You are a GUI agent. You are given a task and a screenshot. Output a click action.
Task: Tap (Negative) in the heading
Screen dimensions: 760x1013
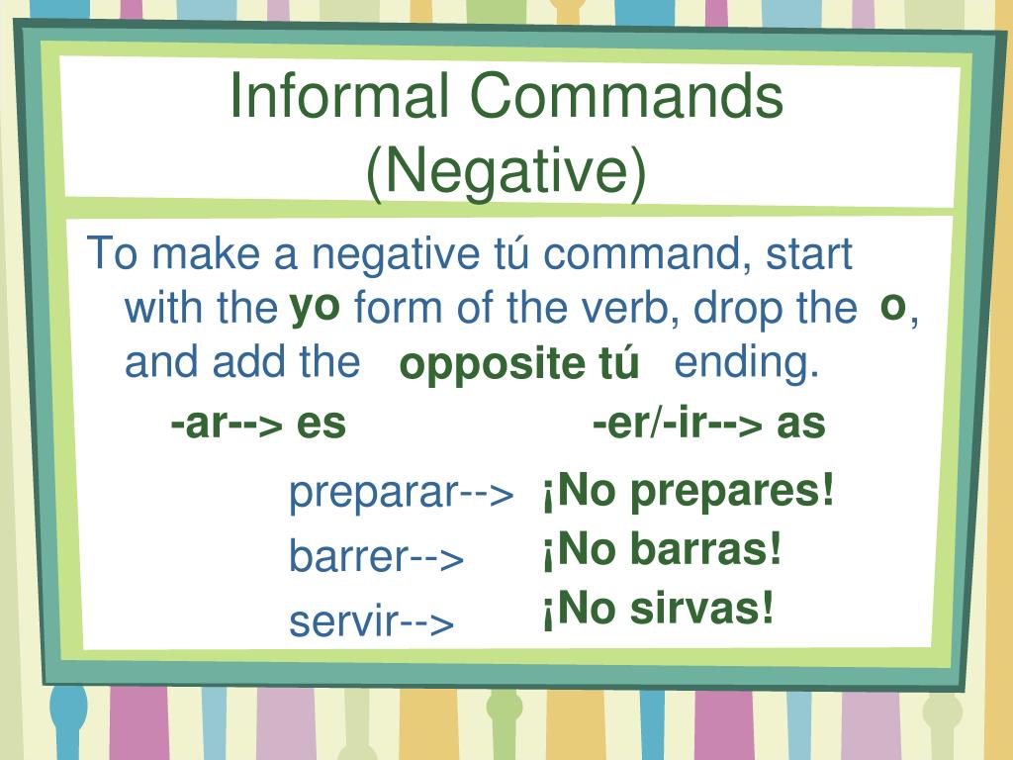(506, 171)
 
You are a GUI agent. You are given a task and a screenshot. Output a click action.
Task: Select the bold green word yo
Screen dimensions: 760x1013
(315, 308)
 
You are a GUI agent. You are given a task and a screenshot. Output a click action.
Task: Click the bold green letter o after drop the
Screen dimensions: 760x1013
(892, 308)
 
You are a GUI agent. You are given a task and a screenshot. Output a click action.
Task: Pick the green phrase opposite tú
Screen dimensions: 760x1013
(518, 365)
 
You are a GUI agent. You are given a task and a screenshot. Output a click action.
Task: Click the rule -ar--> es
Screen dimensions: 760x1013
(258, 424)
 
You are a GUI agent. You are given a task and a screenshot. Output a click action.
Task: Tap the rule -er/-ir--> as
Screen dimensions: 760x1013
(708, 424)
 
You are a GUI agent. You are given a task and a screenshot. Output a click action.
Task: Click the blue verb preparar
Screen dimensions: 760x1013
(373, 493)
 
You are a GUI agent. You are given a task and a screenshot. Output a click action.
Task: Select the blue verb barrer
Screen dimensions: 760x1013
(347, 557)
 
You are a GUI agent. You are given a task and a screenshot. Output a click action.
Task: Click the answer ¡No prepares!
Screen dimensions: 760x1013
(688, 490)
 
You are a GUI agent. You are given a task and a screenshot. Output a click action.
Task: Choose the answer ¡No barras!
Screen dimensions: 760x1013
(661, 550)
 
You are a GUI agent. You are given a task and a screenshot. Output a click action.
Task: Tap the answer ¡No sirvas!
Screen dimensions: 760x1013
(657, 609)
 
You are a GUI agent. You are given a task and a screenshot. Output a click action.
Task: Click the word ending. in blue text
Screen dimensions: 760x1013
(747, 363)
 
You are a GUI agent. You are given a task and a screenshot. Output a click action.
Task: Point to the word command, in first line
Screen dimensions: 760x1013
(644, 255)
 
